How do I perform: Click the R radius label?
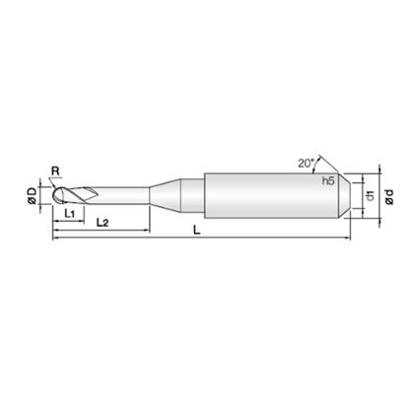pos(55,170)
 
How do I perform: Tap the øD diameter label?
pos(33,196)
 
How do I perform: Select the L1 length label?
pos(70,214)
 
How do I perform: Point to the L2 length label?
pos(102,223)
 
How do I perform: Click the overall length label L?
pos(196,230)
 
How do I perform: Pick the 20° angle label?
pos(306,164)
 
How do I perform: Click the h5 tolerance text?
pos(328,180)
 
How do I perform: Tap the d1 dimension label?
pos(371,195)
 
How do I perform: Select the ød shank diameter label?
pos(389,197)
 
